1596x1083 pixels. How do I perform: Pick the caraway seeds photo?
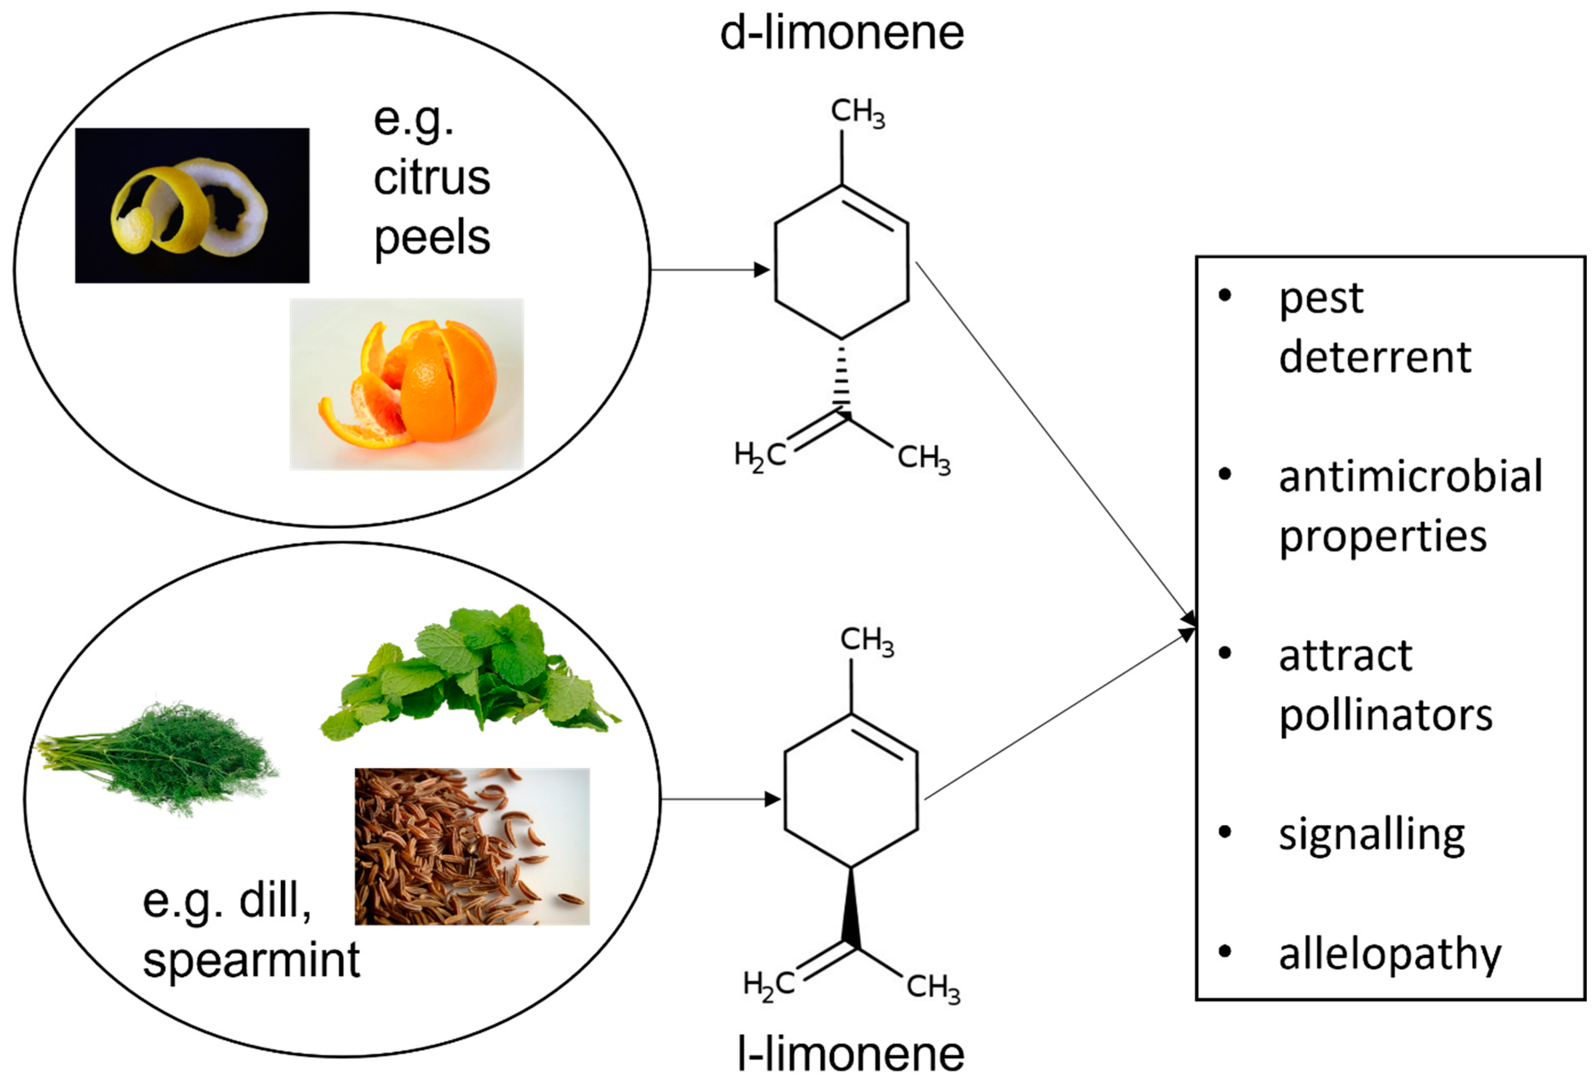tap(472, 846)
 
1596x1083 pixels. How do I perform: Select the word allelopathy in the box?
tap(1390, 954)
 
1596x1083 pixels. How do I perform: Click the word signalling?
tap(1371, 835)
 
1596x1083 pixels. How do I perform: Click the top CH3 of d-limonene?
tap(857, 112)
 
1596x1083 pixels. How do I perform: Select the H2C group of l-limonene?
tap(768, 985)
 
